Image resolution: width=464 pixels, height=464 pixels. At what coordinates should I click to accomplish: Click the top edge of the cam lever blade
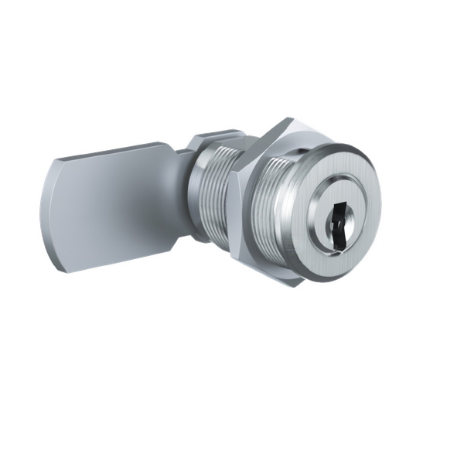click(x=116, y=153)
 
